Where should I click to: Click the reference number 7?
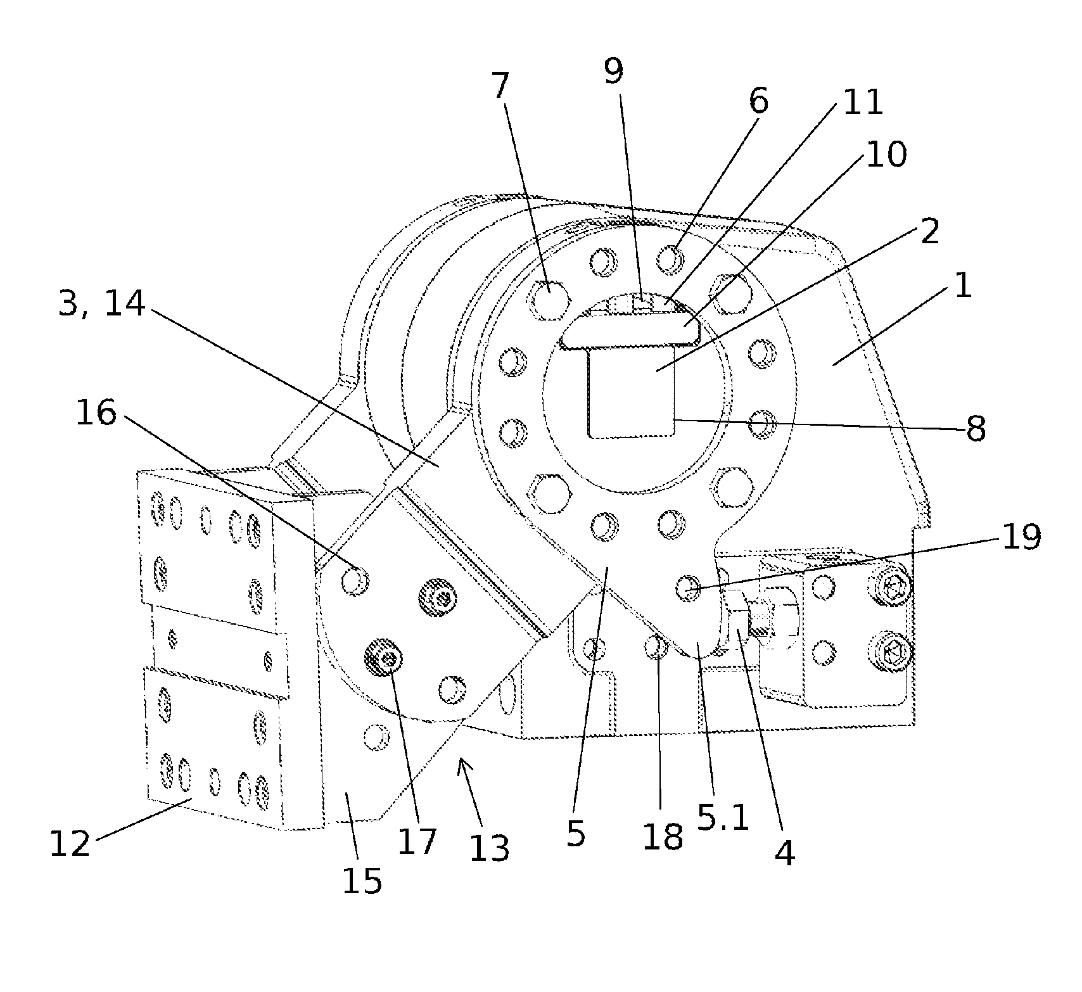coord(500,87)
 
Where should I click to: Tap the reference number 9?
coord(613,71)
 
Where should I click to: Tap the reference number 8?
coord(976,429)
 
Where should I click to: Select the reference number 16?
coord(96,414)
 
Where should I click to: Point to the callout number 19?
coord(1020,536)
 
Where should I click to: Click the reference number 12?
coord(70,844)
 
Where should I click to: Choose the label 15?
coord(362,881)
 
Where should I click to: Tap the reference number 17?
coord(417,841)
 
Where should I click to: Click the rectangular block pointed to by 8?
coord(631,393)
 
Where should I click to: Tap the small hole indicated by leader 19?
coord(687,587)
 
